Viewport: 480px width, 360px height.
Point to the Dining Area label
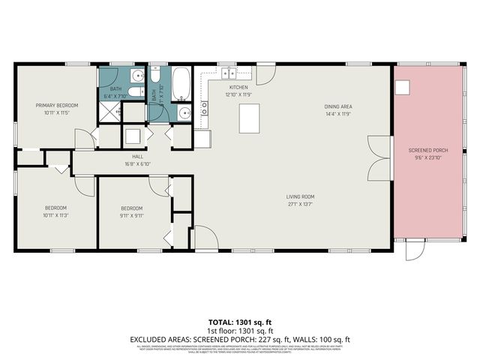tap(338, 106)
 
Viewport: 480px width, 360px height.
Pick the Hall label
tap(138, 157)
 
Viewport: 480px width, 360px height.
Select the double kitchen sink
tap(228, 73)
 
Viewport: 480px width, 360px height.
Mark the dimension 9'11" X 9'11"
tap(132, 214)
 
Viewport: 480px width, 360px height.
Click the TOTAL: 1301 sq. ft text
tap(240, 321)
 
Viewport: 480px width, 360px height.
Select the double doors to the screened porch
tap(380, 158)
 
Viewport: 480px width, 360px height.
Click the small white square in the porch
tap(403, 88)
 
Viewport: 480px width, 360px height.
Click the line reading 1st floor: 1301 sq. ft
tap(240, 330)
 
